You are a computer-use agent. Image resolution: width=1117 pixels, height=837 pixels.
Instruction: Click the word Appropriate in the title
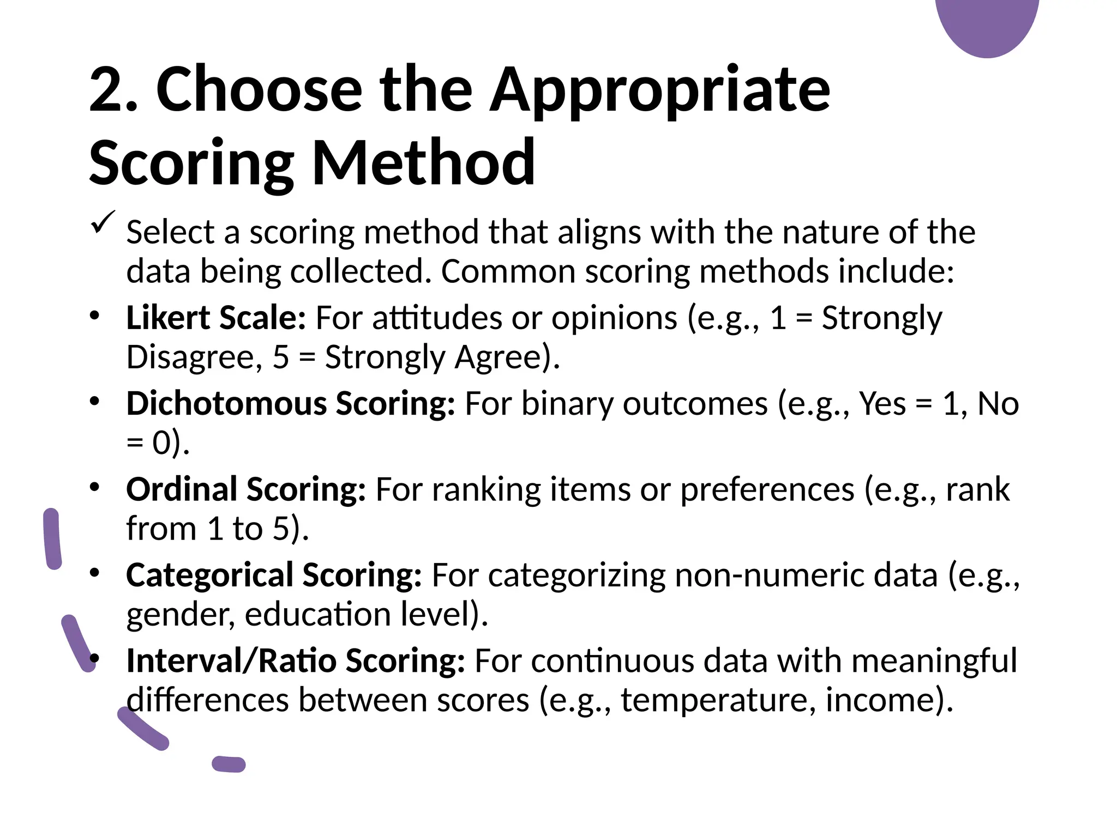click(x=659, y=90)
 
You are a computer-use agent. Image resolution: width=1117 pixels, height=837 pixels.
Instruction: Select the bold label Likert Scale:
click(x=215, y=318)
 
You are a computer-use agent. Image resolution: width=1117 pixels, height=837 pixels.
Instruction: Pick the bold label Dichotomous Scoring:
click(x=290, y=404)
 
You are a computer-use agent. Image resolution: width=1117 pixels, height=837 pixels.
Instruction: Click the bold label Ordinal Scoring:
click(x=245, y=489)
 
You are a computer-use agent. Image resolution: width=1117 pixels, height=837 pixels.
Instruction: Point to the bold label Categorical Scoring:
click(x=274, y=575)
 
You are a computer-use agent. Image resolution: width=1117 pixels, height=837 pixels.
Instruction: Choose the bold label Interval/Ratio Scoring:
click(x=295, y=661)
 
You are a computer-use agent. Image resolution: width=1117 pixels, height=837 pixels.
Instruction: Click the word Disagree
click(x=190, y=357)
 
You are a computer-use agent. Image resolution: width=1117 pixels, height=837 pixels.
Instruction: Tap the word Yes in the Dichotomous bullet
click(x=882, y=404)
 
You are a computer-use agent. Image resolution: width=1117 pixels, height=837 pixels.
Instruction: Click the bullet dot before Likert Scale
click(x=95, y=316)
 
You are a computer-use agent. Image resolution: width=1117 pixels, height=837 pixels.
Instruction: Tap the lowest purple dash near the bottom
click(x=229, y=764)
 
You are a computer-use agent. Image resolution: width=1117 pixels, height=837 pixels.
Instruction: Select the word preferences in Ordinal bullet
click(x=766, y=489)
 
